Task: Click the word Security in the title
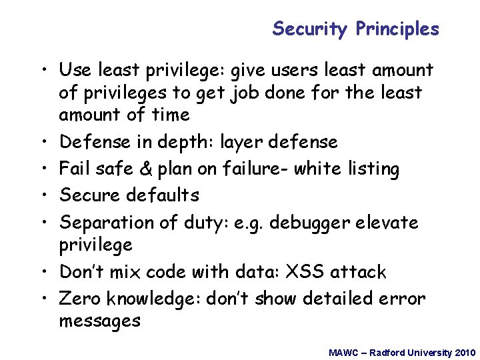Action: (x=310, y=29)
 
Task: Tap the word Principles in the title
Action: (x=397, y=29)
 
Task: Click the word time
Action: (x=170, y=115)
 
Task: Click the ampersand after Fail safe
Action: (x=146, y=169)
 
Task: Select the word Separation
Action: (x=109, y=223)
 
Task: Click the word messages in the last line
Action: (x=99, y=321)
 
